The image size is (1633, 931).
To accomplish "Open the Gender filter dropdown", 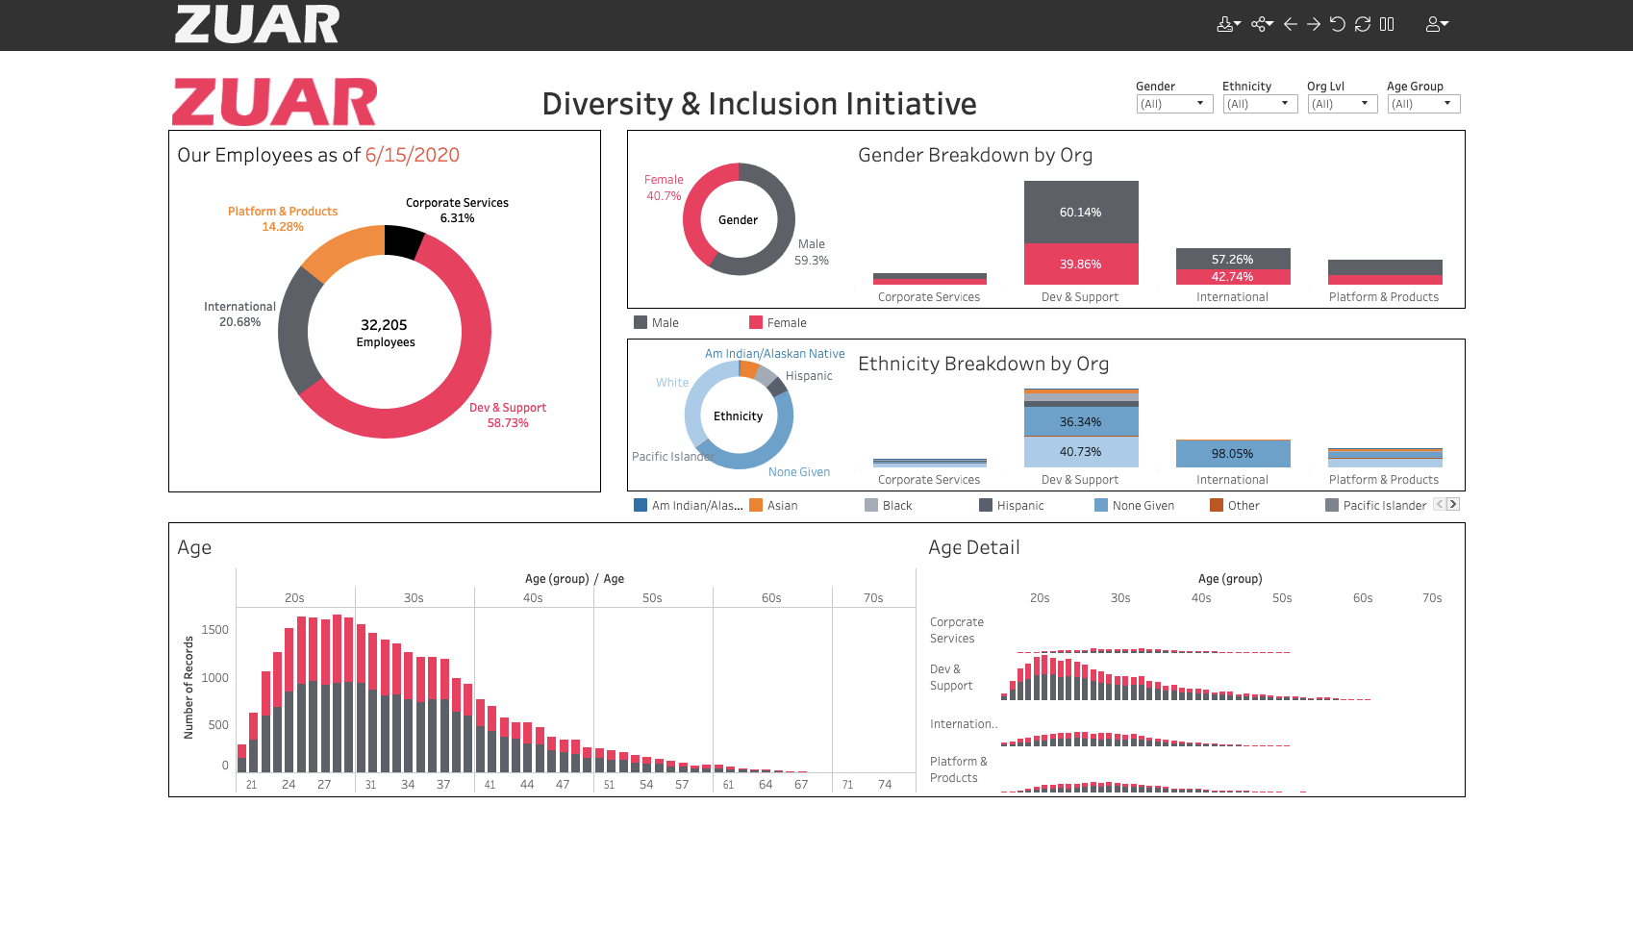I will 1173,104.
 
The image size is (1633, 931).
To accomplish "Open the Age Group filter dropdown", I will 1423,104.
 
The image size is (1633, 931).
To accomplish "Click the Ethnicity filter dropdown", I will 1260,104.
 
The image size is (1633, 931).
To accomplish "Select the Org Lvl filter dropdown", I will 1342,104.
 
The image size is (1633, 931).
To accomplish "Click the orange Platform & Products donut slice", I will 341,252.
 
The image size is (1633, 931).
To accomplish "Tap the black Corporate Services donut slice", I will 403,240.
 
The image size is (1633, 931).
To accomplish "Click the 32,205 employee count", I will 384,325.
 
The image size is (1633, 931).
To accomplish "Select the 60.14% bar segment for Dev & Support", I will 1081,213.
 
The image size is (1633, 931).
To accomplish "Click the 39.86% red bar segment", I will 1081,264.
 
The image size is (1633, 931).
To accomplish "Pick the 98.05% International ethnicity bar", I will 1232,454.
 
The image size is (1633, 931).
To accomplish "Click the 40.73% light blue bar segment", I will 1081,452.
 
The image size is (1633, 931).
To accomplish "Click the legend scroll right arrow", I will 1453,504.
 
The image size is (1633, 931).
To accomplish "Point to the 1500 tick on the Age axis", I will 214,630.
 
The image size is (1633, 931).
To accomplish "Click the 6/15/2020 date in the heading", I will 412,155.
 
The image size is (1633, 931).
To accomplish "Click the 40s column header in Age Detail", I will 1201,598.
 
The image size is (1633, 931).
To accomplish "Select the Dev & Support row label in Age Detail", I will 950,677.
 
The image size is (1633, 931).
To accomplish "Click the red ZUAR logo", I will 274,102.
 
